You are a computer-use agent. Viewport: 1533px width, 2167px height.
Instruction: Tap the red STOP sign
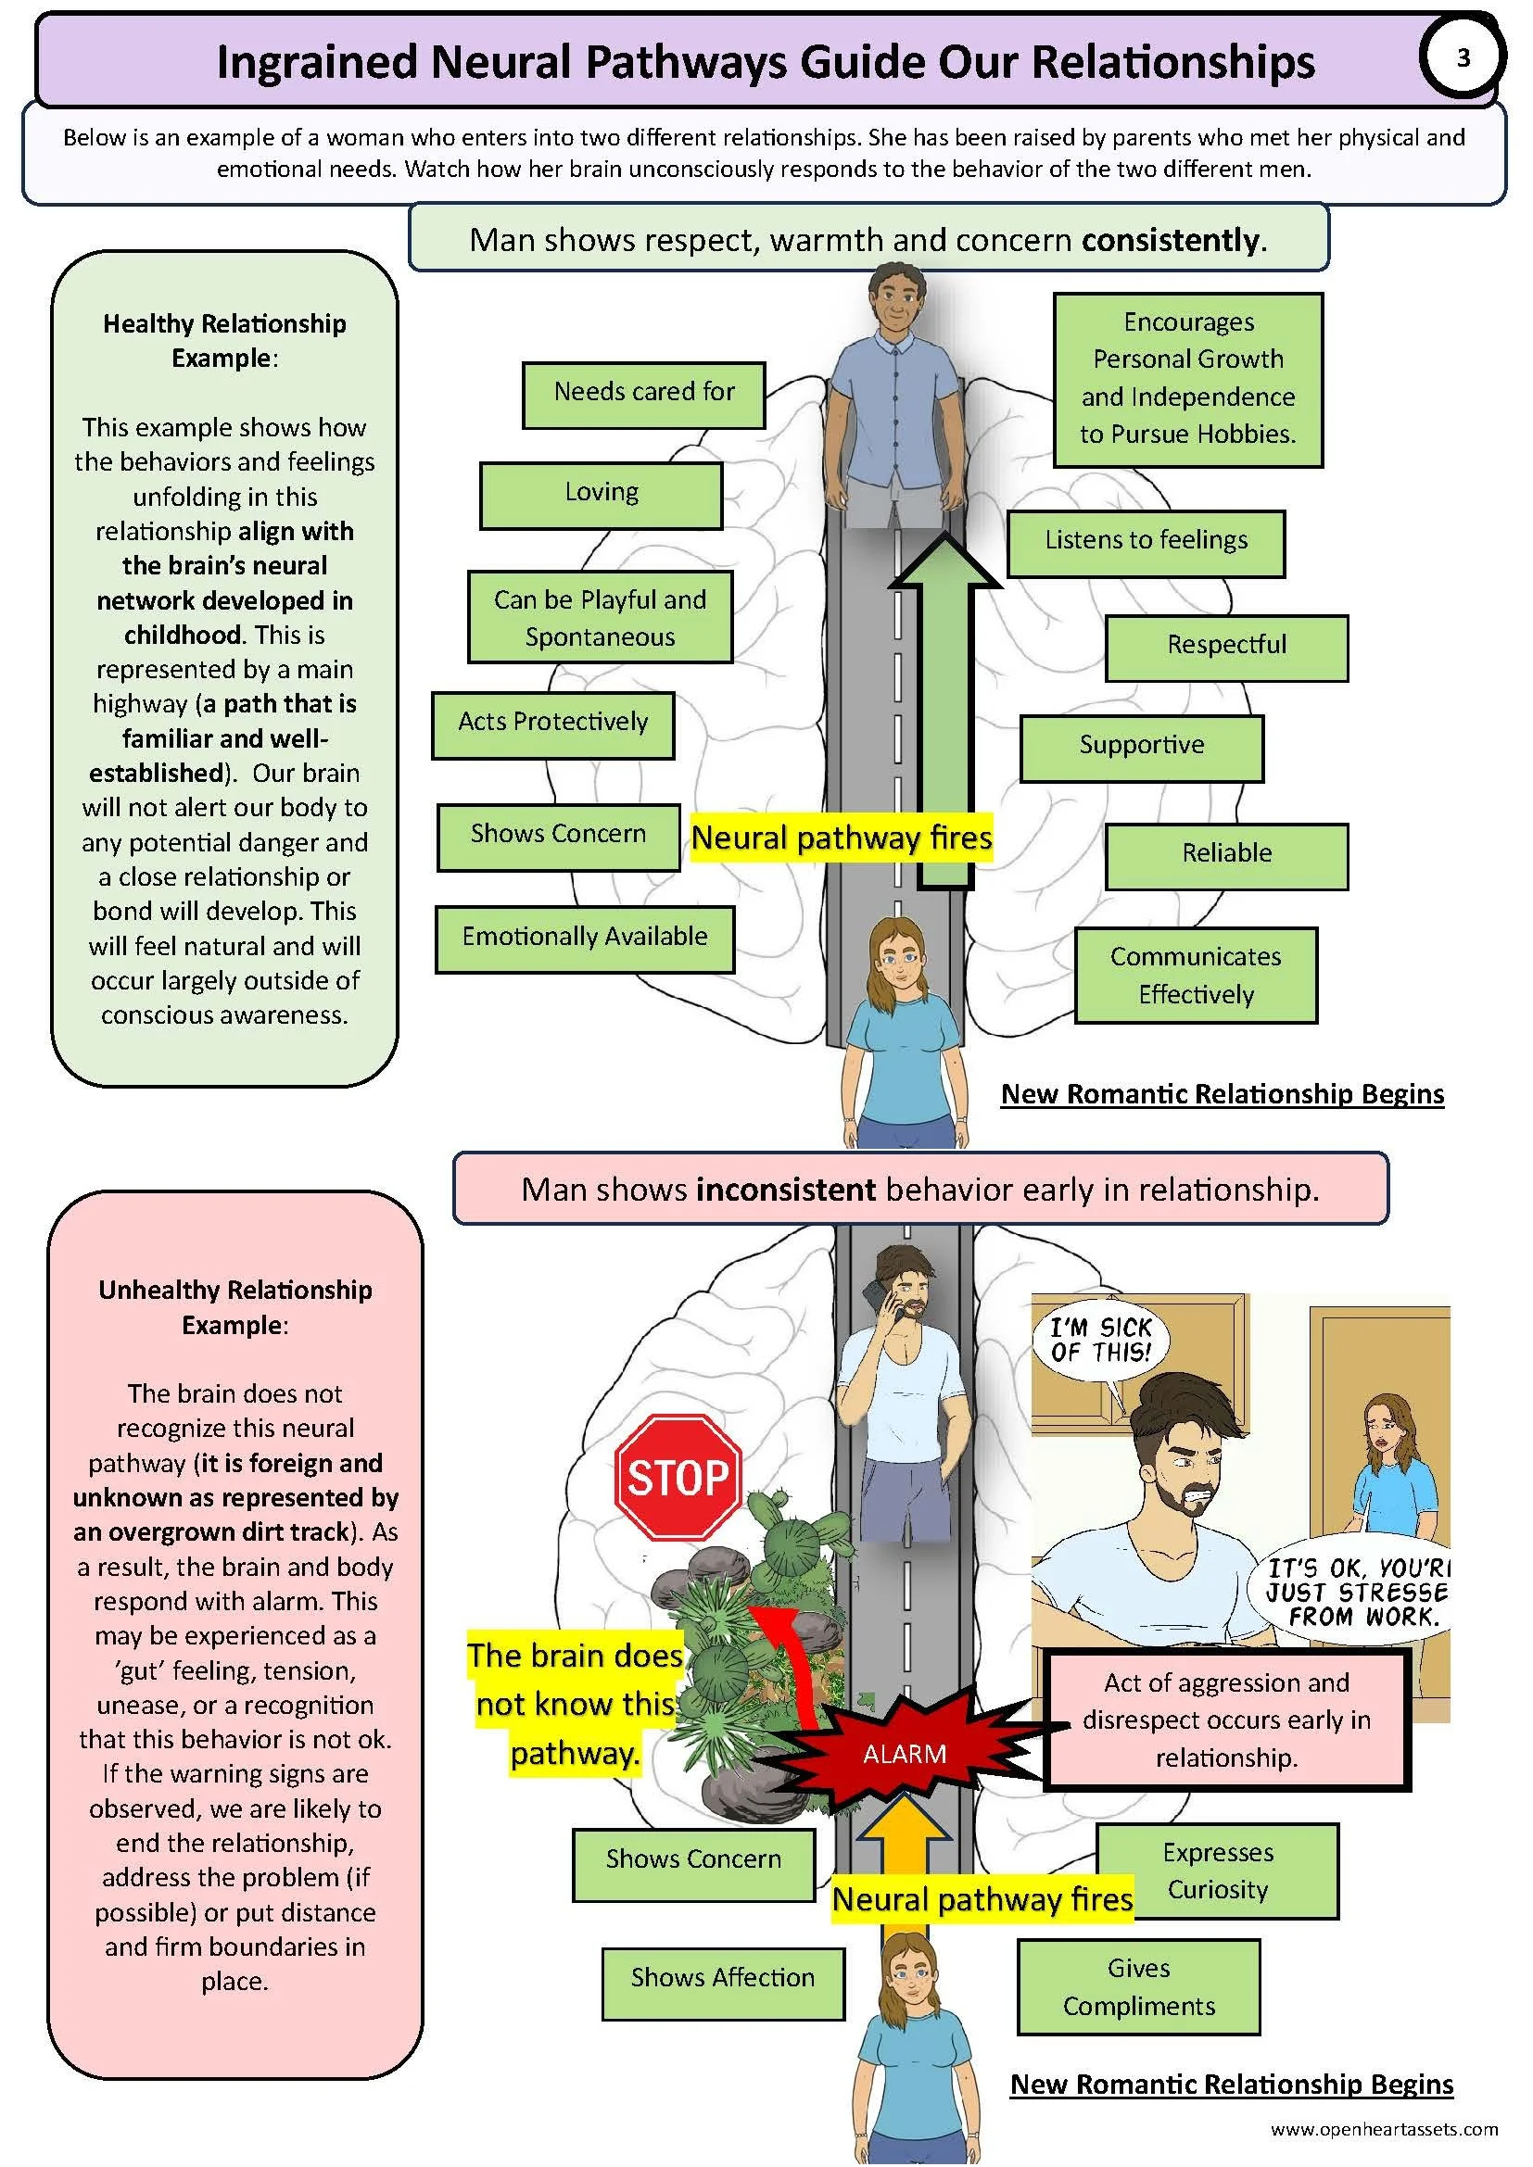678,1477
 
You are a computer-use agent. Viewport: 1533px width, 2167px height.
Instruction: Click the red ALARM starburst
904,1754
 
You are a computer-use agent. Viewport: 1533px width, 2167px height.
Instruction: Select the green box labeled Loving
602,494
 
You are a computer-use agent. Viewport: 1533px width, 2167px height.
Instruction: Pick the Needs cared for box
644,394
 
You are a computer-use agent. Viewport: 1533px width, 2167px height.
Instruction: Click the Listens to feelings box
1145,542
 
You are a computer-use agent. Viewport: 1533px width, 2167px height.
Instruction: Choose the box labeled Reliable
1226,855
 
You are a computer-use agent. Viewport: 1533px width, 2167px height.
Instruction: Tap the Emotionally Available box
584,939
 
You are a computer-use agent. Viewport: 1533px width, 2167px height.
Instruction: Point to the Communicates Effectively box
1195,976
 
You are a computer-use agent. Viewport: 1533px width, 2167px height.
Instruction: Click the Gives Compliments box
1138,1986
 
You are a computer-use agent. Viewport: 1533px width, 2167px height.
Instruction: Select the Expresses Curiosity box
1218,1871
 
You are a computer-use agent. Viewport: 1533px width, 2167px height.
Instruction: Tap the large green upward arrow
946,717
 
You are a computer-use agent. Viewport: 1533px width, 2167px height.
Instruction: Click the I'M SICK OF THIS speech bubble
1102,1341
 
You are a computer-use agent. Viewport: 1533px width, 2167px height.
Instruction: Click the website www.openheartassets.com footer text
1383,2128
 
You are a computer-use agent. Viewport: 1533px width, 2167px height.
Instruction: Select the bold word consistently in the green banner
1172,241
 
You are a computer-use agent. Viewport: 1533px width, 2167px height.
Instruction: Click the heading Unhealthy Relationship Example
235,1306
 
